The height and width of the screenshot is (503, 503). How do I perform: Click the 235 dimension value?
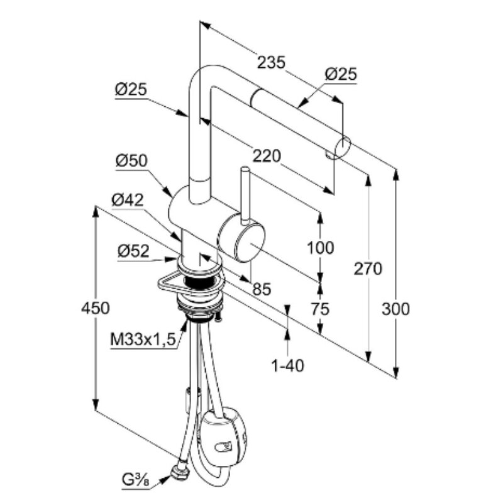[x=272, y=62]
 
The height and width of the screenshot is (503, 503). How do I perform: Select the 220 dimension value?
[x=267, y=156]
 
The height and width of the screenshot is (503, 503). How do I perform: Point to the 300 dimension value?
[x=396, y=309]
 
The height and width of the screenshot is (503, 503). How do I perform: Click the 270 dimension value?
[x=368, y=269]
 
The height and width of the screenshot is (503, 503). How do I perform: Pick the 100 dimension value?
[x=321, y=248]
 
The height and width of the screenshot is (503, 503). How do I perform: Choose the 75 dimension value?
[x=321, y=309]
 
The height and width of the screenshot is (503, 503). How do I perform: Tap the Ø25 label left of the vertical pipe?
[x=131, y=90]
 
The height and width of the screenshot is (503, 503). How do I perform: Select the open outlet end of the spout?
[x=343, y=146]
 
